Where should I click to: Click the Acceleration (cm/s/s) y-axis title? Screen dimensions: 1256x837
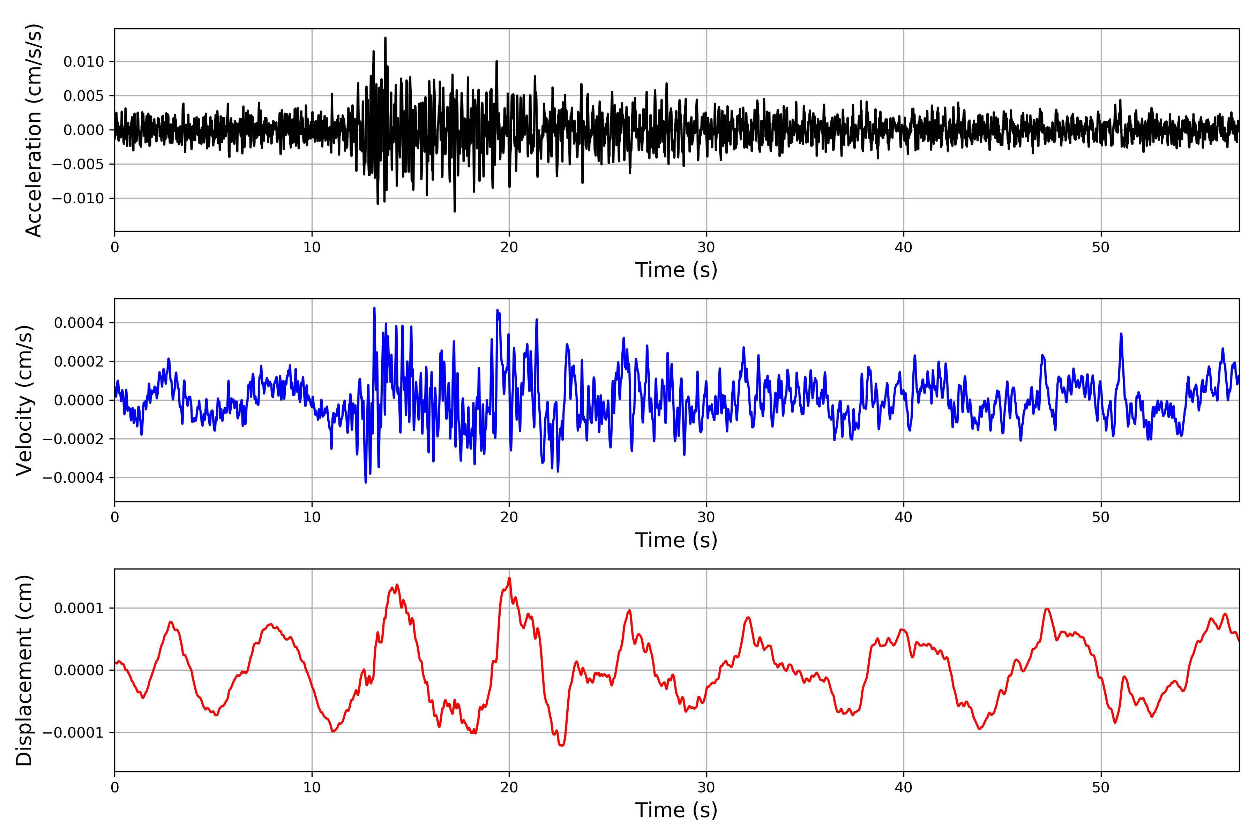click(x=33, y=130)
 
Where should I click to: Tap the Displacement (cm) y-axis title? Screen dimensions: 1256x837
click(x=24, y=670)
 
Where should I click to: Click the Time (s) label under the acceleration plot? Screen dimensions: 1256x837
click(x=676, y=270)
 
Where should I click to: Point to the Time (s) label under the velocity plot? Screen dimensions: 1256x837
click(x=676, y=540)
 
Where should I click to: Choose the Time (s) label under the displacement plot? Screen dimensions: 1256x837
click(x=676, y=810)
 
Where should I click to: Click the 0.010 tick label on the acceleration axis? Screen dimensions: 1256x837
click(x=84, y=62)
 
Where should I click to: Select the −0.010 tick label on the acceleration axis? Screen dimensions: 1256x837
click(x=78, y=198)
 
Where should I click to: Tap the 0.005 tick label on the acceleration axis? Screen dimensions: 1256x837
click(x=84, y=96)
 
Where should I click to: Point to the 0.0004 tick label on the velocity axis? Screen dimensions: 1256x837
click(x=79, y=323)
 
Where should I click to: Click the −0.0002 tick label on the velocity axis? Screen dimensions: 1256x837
click(x=74, y=439)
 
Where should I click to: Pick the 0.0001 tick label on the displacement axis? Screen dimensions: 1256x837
click(x=79, y=609)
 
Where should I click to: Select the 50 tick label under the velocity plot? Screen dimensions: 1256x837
click(x=1101, y=518)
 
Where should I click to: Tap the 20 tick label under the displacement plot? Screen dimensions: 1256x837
click(x=509, y=788)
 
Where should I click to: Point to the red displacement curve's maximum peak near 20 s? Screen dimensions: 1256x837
click(x=509, y=578)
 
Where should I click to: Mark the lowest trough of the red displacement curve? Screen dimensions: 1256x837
click(x=561, y=745)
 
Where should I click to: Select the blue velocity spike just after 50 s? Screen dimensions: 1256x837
click(x=1121, y=334)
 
